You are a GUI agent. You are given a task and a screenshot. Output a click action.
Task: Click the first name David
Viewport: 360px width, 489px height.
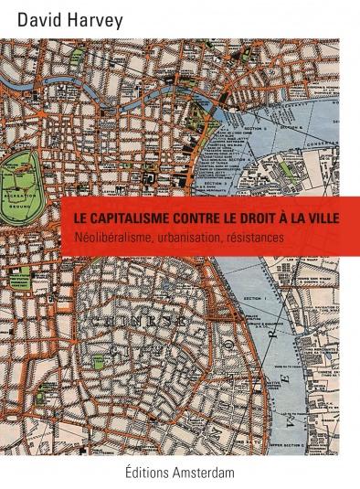[x=30, y=16]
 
